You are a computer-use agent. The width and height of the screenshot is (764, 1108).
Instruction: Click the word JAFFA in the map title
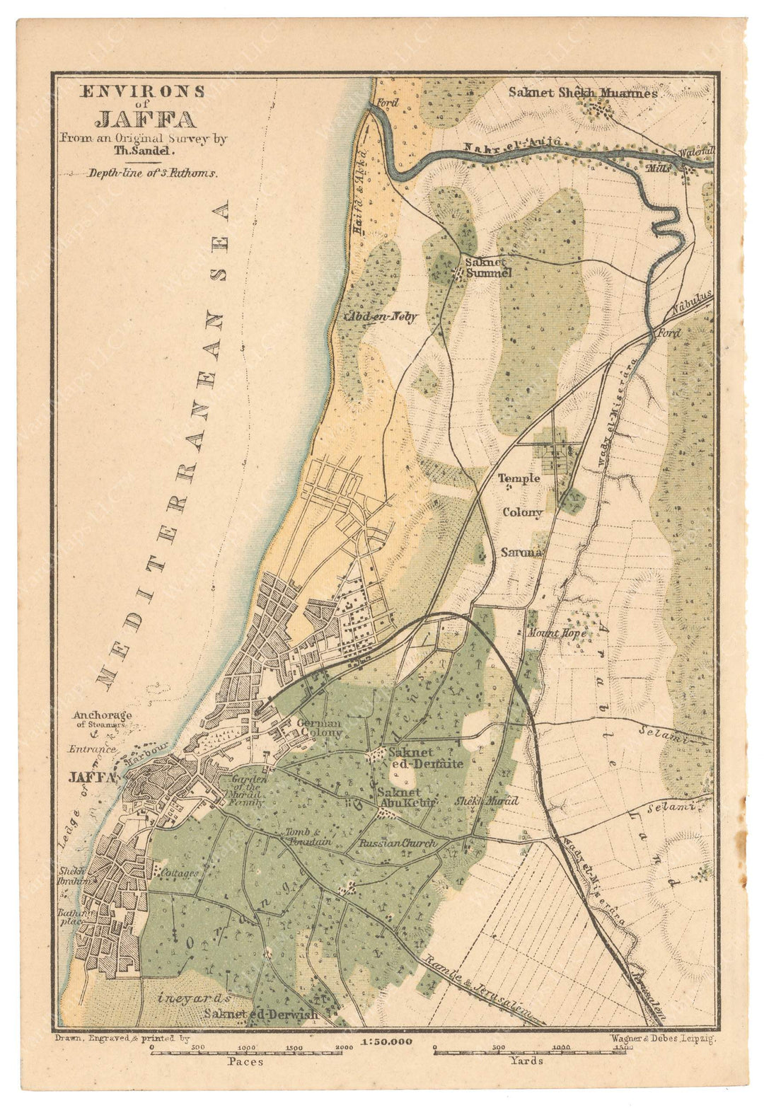click(145, 118)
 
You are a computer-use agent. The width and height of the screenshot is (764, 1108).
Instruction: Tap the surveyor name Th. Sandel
click(144, 150)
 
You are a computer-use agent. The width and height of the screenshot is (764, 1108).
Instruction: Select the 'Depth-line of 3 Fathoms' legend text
click(153, 172)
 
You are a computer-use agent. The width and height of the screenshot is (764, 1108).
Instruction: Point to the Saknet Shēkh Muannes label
click(583, 92)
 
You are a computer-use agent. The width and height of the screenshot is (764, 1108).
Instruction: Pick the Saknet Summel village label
click(487, 267)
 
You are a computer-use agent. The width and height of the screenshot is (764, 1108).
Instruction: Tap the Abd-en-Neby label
click(381, 317)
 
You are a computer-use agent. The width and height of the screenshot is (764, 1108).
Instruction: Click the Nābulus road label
click(691, 305)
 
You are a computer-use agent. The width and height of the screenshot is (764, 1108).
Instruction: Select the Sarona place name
click(521, 552)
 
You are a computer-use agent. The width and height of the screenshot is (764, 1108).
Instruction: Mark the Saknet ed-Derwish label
click(261, 1014)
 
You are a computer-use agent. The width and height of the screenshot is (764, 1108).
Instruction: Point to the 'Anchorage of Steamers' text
click(102, 719)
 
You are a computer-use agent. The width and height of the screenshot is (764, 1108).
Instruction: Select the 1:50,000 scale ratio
click(386, 1041)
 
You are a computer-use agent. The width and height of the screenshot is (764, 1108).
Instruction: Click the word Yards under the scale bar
click(527, 1060)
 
